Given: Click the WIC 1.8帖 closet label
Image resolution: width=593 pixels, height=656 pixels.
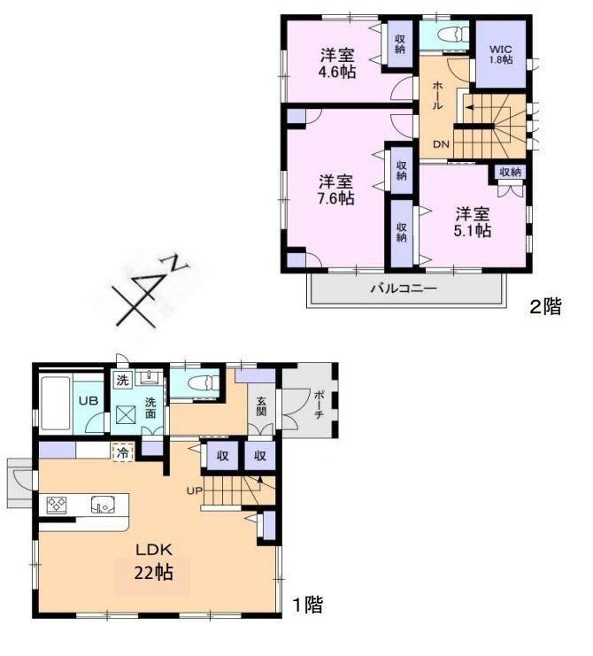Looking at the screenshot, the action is [x=501, y=54].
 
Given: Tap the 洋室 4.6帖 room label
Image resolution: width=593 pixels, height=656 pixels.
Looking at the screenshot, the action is [x=337, y=63].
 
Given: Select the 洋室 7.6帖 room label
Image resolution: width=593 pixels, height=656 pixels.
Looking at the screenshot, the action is [x=336, y=189].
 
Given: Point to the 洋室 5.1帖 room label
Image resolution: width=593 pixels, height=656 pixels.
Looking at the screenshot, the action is [x=473, y=222].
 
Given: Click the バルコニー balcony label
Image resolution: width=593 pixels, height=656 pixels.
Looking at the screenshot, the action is [x=404, y=289].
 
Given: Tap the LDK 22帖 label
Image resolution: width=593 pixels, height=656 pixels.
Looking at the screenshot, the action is [x=153, y=561].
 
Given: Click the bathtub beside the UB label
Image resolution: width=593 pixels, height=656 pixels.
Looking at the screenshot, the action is [x=55, y=403].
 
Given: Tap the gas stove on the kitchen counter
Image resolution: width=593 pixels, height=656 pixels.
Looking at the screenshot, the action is [x=56, y=505].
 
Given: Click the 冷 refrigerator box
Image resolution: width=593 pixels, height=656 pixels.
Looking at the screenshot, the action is [x=122, y=452].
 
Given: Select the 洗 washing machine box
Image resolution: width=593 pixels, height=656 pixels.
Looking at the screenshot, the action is [x=122, y=381].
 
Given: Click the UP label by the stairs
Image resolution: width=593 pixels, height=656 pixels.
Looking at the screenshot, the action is [x=194, y=490].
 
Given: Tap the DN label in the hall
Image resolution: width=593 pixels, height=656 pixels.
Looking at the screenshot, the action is [x=441, y=144].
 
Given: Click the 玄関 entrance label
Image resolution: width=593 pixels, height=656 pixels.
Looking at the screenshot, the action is [x=261, y=406].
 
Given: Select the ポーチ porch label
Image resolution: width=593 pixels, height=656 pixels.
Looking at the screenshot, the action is [x=319, y=405].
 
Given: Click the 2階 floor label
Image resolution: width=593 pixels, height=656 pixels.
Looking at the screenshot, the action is [x=545, y=307].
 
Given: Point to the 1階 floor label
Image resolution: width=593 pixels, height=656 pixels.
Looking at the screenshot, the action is [x=307, y=605].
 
